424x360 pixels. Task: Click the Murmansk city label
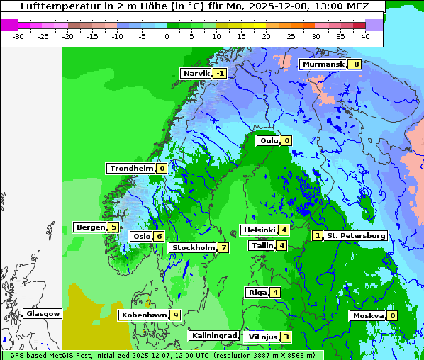[x=323, y=64]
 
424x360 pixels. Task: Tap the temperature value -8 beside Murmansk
[x=355, y=64]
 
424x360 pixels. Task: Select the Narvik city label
[x=196, y=74]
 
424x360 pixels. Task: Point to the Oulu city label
[x=269, y=141]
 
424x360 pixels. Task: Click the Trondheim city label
[x=131, y=169]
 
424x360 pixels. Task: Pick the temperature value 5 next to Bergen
[x=113, y=227]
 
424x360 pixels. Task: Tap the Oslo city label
[x=141, y=237]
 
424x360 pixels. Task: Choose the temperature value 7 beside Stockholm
[x=223, y=248]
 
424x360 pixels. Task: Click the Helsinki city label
[x=259, y=230]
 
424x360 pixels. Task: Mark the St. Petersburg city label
[x=356, y=235]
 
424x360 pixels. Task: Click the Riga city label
[x=257, y=293]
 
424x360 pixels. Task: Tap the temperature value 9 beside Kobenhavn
[x=174, y=315]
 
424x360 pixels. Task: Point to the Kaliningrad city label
[x=213, y=335]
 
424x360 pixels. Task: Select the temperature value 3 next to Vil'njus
[x=286, y=337]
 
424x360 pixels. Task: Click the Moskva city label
[x=368, y=316]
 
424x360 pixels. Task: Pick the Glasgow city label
[x=43, y=314]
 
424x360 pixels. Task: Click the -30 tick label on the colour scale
[x=18, y=36]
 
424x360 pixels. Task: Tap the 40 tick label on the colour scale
[x=365, y=36]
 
